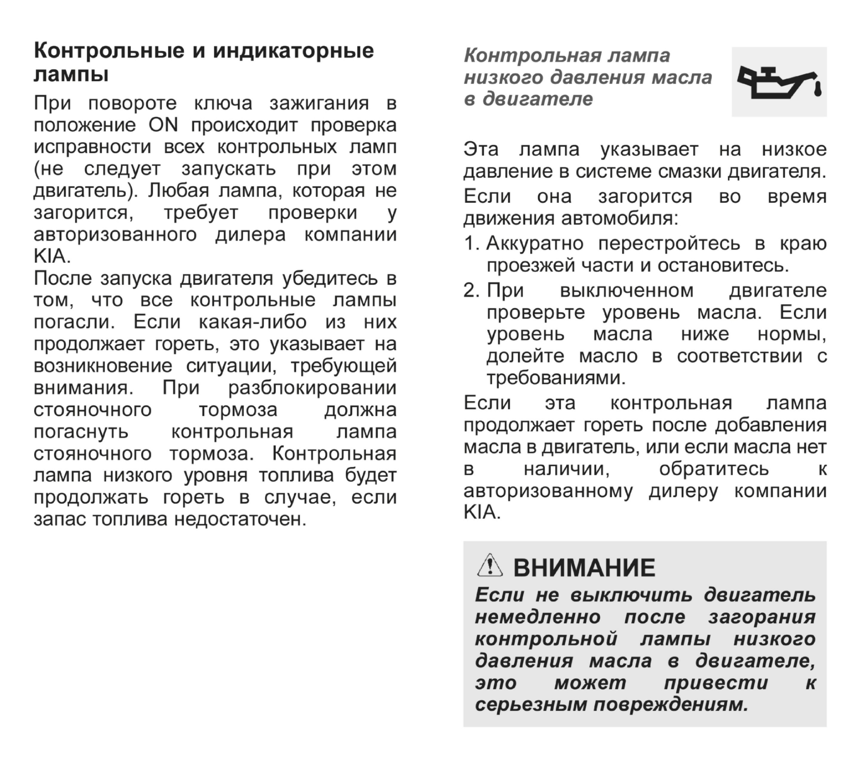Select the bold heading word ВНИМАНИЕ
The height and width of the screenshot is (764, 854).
tap(584, 568)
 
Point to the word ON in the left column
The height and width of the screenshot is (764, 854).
tap(163, 125)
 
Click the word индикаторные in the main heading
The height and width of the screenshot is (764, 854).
tap(293, 51)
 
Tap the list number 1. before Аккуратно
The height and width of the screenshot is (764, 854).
tap(471, 244)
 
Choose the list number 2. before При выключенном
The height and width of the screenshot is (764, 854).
tap(471, 290)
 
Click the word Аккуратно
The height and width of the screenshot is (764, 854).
tap(535, 244)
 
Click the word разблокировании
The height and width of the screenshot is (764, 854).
tap(312, 388)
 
